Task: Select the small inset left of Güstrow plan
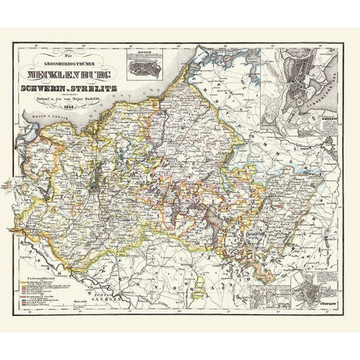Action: [x=268, y=285]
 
